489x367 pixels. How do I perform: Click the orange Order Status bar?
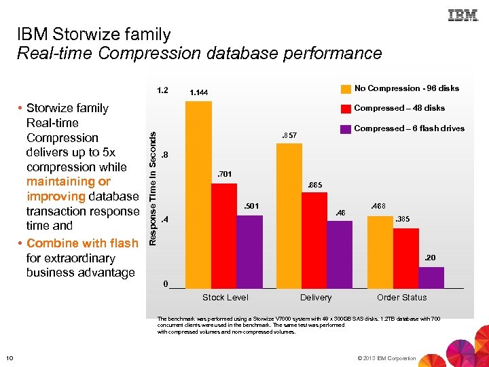(x=380, y=251)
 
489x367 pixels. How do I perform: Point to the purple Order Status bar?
(x=431, y=277)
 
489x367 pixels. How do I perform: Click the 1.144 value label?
(x=199, y=93)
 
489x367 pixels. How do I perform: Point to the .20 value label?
(x=431, y=258)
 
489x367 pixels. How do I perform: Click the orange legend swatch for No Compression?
(x=346, y=88)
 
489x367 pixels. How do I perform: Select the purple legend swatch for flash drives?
(x=346, y=128)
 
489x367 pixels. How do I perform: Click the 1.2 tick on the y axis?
(x=162, y=89)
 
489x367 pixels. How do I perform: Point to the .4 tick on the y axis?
(x=164, y=220)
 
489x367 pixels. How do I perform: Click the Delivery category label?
(x=316, y=298)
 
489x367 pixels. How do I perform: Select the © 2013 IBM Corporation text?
(x=385, y=358)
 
